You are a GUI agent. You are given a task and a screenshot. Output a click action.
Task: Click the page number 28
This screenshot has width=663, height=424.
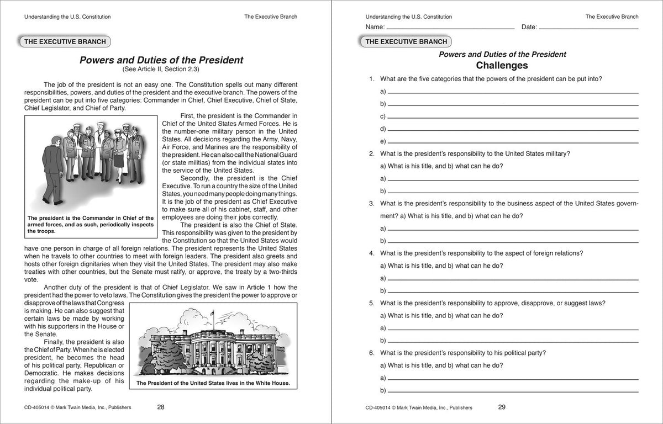[x=160, y=407]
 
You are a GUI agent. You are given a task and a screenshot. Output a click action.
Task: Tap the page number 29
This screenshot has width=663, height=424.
[x=502, y=407]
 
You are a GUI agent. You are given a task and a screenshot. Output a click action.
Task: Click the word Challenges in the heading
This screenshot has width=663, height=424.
[x=502, y=66]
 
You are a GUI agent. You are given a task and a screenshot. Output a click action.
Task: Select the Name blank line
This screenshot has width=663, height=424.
[x=450, y=28]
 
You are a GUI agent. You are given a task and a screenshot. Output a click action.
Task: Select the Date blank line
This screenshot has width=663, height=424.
[x=588, y=28]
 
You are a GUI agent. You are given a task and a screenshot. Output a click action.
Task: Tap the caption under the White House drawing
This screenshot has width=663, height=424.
[x=213, y=383]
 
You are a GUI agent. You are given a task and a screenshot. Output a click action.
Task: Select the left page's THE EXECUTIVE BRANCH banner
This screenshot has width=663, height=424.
[x=65, y=41]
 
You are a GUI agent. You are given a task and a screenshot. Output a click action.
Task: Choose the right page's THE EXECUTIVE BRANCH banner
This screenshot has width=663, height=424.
[x=406, y=41]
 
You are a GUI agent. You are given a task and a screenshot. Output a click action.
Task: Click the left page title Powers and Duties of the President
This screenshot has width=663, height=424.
[x=161, y=60]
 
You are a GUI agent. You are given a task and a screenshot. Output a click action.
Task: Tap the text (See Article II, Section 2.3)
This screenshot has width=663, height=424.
[x=161, y=70]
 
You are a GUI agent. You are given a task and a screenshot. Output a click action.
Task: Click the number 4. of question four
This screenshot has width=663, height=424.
[x=372, y=253]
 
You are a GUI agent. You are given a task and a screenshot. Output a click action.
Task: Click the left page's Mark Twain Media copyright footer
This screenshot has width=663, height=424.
[x=78, y=408]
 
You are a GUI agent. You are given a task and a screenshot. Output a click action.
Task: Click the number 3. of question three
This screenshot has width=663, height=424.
[x=372, y=203]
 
